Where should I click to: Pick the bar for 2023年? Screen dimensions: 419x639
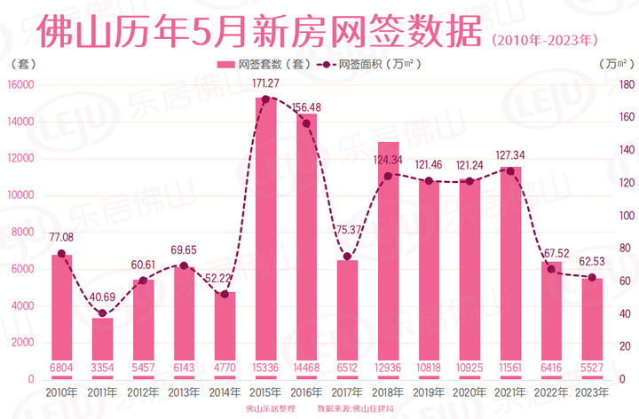pyautogui.click(x=593, y=328)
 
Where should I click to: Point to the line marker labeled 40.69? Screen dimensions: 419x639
pyautogui.click(x=103, y=313)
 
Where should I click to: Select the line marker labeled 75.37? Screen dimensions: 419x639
pyautogui.click(x=348, y=257)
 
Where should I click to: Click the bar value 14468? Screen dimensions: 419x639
pyautogui.click(x=307, y=367)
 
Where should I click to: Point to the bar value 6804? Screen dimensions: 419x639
pyautogui.click(x=62, y=367)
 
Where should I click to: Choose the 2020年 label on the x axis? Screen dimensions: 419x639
pyautogui.click(x=470, y=391)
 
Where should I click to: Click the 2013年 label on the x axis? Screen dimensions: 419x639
pyautogui.click(x=185, y=391)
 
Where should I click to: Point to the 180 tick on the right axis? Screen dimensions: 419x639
pyautogui.click(x=625, y=85)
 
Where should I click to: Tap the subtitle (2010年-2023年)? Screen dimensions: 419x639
pyautogui.click(x=544, y=40)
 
